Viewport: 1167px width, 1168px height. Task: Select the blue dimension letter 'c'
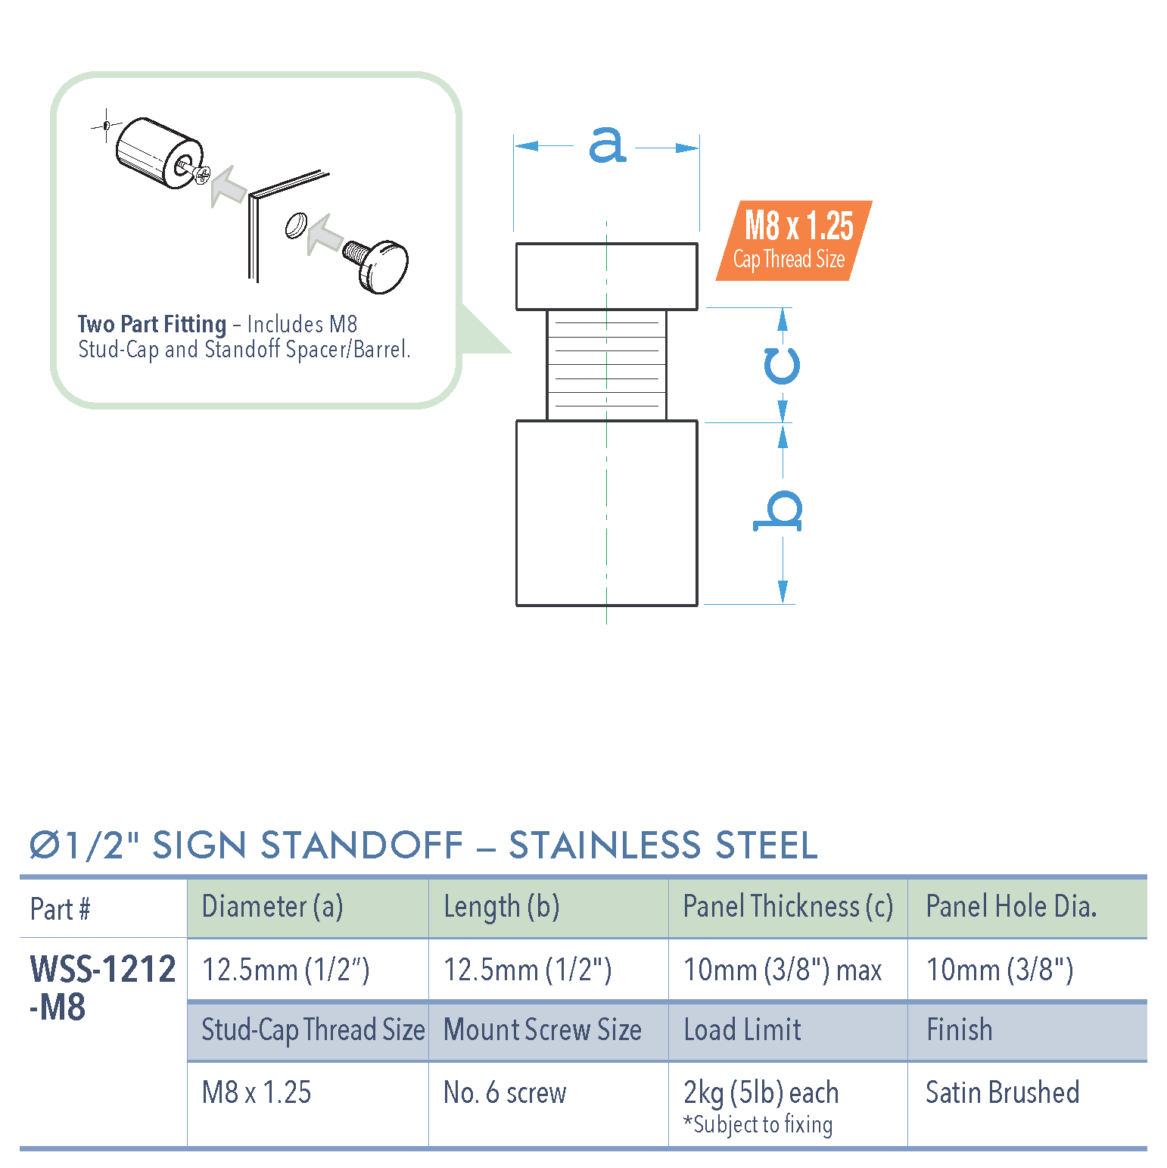click(781, 366)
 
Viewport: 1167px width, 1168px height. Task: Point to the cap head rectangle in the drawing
click(606, 276)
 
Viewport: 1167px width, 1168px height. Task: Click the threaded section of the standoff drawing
click(606, 365)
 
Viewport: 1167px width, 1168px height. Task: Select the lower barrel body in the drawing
click(606, 512)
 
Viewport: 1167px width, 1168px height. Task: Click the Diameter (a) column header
click(272, 907)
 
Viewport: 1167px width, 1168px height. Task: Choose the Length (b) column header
click(501, 907)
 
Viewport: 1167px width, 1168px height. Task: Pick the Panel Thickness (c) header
click(788, 907)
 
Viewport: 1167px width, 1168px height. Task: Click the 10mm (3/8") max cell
click(783, 970)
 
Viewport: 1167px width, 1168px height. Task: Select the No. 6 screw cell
click(505, 1092)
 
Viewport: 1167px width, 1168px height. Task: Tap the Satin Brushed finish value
click(1002, 1092)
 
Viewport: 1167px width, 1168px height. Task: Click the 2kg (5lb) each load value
click(761, 1092)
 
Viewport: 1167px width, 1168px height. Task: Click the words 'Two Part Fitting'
click(152, 324)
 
